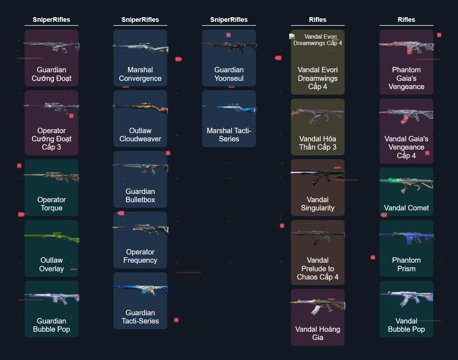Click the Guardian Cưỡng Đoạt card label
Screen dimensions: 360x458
52,74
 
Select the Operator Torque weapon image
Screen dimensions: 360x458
52,176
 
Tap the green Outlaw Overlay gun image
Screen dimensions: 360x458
52,237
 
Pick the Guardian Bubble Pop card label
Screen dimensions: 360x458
52,325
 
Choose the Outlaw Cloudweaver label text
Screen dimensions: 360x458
140,135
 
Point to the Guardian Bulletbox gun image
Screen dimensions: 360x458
140,167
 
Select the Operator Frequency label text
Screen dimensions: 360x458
140,256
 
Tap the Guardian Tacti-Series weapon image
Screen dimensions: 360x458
140,289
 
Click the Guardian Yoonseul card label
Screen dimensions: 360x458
229,74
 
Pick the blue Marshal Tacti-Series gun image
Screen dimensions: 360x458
229,108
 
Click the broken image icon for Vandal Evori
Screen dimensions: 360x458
292,37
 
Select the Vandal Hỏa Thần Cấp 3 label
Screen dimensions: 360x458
318,143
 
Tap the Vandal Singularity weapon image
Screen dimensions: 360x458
318,176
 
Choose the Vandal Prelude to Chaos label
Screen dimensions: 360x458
318,268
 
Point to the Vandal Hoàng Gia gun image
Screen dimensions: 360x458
318,306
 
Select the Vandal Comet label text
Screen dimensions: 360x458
406,208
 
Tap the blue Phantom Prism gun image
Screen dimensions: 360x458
406,237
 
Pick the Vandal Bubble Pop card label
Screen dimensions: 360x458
406,325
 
